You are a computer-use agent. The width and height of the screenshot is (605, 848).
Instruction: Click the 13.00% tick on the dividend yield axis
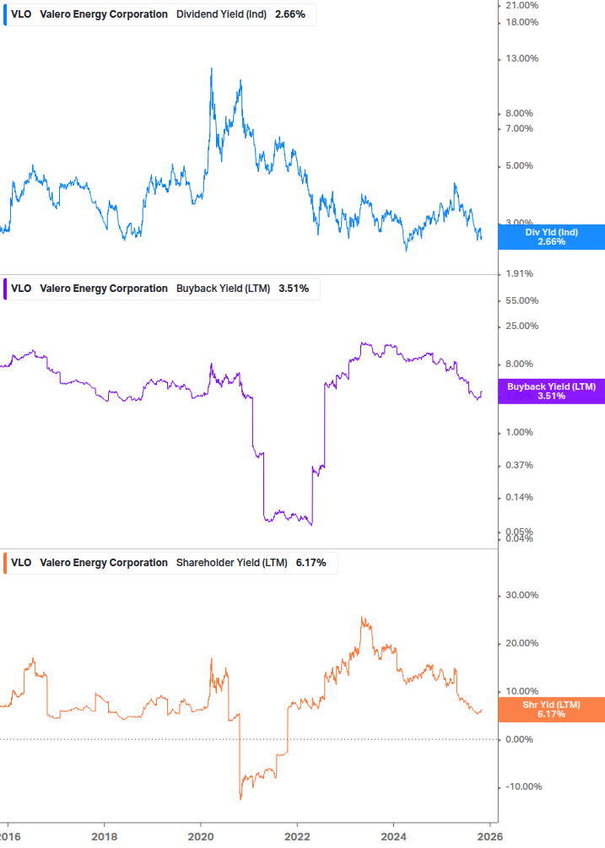tap(521, 58)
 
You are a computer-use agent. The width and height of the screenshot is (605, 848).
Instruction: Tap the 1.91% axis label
tap(521, 273)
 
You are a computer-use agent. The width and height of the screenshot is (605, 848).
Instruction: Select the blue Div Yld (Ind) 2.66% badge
tap(551, 237)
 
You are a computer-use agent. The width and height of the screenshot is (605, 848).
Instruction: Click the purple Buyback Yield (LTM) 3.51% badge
tap(551, 391)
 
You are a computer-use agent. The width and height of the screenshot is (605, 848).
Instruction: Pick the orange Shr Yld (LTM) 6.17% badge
tap(551, 710)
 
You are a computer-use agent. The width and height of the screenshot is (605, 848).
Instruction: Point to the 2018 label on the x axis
tap(104, 836)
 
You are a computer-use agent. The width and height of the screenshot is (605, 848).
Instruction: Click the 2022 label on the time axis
tap(297, 836)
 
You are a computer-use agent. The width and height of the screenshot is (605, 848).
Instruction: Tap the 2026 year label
tap(490, 836)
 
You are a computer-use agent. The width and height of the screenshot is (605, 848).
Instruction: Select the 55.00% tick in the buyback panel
tap(521, 300)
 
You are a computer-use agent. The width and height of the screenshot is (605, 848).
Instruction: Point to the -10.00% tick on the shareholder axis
tap(521, 787)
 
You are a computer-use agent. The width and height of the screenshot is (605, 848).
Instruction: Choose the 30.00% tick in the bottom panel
tap(521, 595)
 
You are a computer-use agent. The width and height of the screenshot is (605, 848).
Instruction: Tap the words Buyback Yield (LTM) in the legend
tap(223, 289)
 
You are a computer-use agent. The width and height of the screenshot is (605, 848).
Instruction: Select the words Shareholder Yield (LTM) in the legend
tap(231, 563)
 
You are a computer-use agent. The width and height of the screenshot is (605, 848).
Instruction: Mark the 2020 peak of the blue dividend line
tap(211, 68)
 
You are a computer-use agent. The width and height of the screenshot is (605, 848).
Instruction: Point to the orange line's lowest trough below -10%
tap(240, 798)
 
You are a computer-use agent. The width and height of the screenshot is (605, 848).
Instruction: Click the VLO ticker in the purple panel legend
tap(21, 289)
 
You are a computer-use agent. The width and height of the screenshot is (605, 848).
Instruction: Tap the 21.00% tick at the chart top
tap(521, 5)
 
